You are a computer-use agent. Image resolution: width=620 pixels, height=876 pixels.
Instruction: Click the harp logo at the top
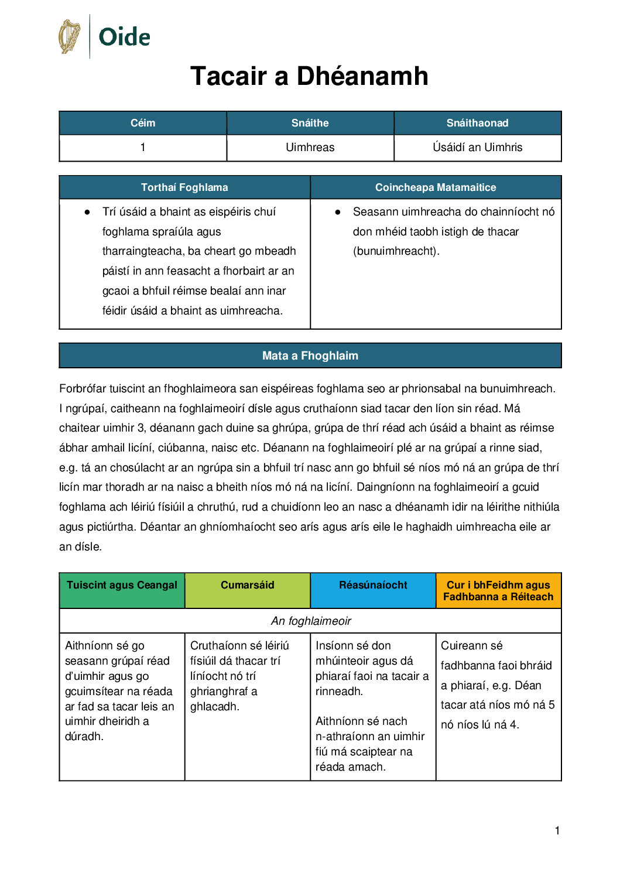[x=70, y=36]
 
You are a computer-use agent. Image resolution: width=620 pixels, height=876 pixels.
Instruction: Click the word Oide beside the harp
[x=124, y=37]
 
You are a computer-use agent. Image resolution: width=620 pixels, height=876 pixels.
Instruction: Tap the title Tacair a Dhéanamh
[x=309, y=76]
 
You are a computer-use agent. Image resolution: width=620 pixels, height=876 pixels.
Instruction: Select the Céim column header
[x=143, y=123]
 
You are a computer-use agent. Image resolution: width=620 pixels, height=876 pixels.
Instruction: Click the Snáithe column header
[x=310, y=123]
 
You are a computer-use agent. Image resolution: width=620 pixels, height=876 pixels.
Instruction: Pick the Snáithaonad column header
[x=477, y=123]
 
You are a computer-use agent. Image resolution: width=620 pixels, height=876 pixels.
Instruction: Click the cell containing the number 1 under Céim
[x=143, y=148]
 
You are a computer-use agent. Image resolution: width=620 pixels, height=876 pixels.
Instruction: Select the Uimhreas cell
[x=310, y=148]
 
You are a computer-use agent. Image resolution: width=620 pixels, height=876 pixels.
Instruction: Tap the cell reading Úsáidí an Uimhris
[x=477, y=148]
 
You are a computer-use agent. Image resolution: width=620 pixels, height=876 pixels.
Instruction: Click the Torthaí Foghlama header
[x=184, y=187]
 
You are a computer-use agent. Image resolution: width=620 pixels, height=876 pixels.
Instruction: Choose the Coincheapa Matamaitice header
[x=436, y=187]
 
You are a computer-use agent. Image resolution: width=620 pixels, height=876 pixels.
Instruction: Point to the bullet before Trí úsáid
[x=87, y=212]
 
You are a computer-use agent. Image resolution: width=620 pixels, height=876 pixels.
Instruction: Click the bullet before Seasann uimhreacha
[x=338, y=212]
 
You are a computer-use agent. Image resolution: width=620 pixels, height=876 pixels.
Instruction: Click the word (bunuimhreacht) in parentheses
[x=396, y=251]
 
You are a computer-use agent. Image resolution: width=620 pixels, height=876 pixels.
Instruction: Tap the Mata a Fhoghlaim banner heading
[x=310, y=355]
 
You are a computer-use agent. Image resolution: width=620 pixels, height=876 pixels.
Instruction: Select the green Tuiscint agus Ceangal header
[x=122, y=586]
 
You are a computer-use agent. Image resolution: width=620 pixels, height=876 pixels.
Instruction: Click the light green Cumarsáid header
[x=247, y=586]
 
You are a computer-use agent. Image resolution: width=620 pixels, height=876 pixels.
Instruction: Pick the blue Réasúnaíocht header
[x=373, y=586]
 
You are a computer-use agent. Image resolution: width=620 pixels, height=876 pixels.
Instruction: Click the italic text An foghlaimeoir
[x=311, y=621]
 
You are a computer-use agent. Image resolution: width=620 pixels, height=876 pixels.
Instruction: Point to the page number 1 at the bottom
[x=557, y=830]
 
